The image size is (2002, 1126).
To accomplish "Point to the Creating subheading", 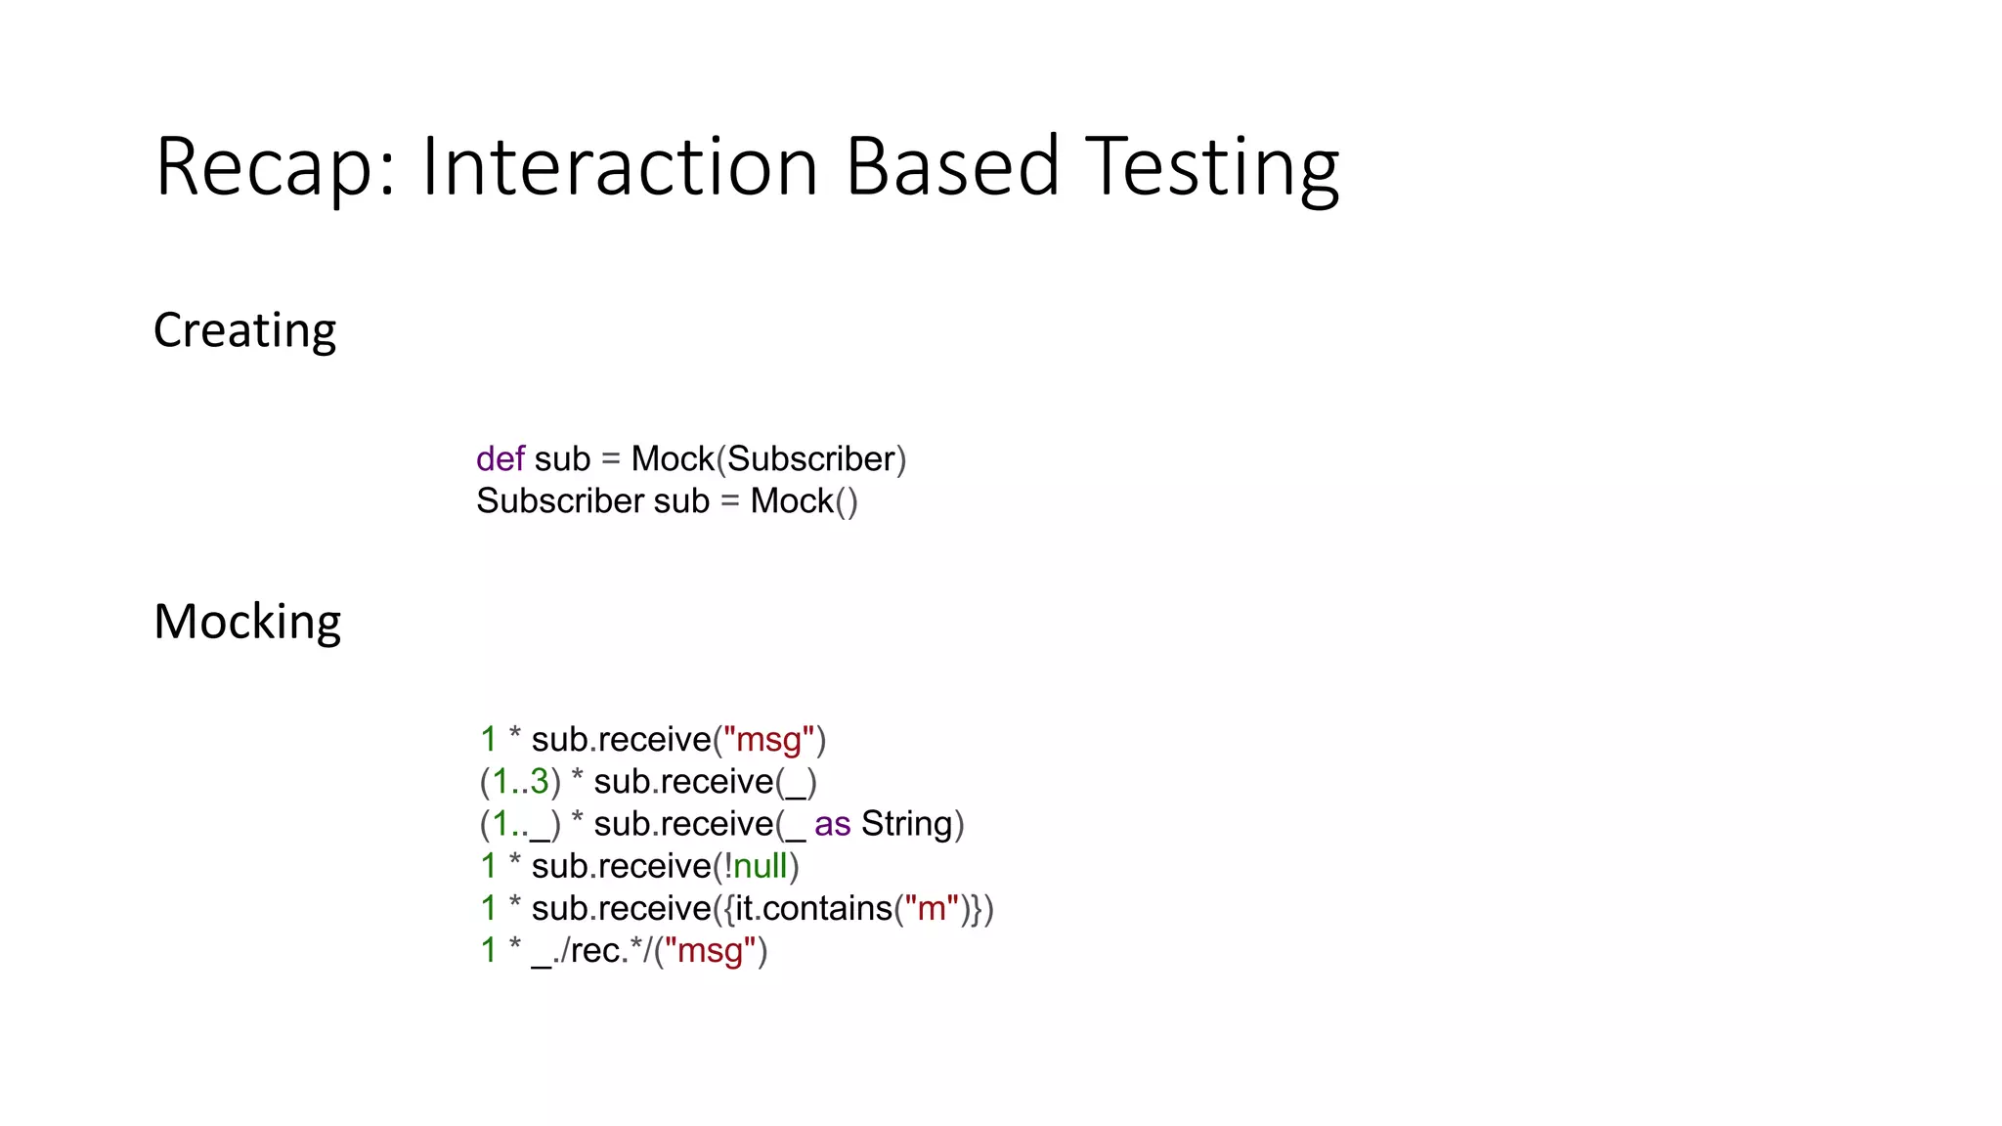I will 244,331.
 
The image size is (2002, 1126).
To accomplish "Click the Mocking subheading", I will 247,622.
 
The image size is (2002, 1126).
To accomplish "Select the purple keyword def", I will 500,458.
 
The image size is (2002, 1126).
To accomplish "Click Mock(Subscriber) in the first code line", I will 768,458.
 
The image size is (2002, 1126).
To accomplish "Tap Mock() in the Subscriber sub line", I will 804,501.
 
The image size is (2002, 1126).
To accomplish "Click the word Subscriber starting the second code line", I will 560,501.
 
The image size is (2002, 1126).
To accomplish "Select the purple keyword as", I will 832,824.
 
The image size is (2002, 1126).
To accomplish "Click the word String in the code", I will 906,824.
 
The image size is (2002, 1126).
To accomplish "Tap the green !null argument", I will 756,866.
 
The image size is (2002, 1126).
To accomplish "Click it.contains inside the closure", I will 813,909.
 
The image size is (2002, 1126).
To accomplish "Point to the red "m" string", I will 932,909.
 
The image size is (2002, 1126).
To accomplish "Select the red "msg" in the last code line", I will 711,951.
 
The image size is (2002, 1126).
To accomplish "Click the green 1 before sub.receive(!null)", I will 489,866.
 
